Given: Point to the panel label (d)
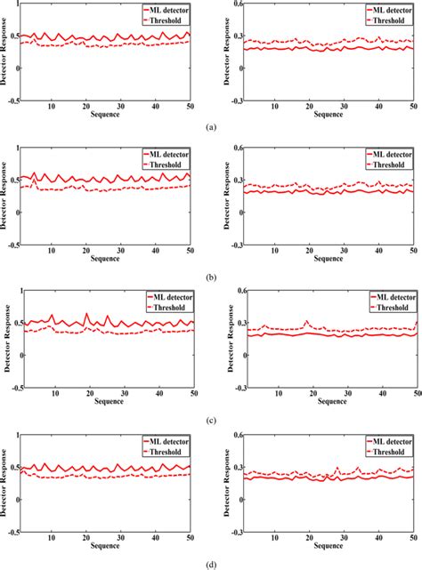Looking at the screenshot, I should pyautogui.click(x=211, y=564).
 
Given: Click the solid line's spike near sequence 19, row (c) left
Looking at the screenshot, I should pyautogui.click(x=86, y=314).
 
